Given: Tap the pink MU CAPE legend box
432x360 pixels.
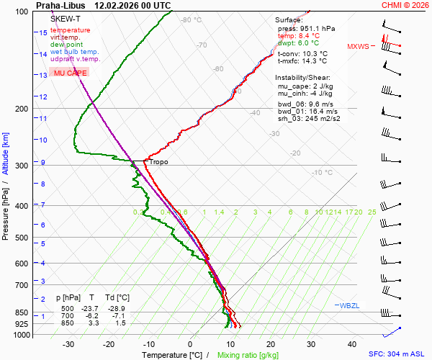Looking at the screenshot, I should (70, 73).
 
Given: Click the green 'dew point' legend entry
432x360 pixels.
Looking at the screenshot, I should (68, 45).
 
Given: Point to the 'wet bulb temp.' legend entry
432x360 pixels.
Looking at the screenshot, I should (74, 52).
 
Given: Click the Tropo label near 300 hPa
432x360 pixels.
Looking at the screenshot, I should (158, 162).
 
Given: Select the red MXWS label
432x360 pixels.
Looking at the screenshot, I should (358, 47).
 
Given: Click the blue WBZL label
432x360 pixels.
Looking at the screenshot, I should (349, 306).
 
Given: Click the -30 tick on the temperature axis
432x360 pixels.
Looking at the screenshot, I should (68, 344).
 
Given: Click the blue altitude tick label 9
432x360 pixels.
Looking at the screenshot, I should (43, 163).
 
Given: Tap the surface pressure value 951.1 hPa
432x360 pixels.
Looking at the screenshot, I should (318, 28).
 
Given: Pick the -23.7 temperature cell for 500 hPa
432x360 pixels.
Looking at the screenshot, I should (90, 308).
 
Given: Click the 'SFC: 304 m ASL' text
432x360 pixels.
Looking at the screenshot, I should (398, 354).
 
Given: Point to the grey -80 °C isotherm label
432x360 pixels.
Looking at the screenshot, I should (191, 20).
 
